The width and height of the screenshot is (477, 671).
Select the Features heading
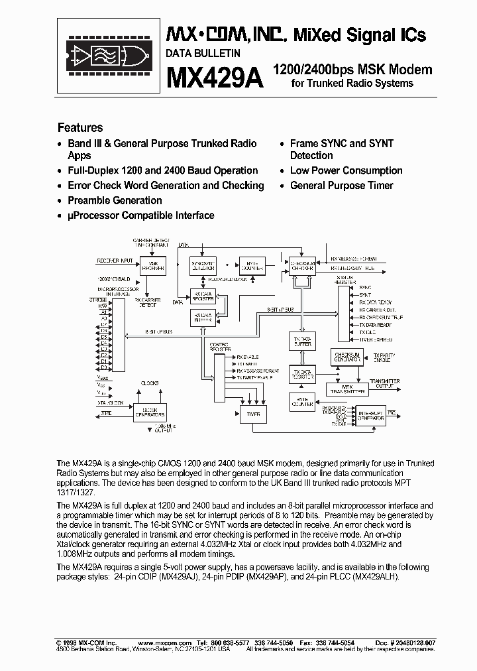click(x=80, y=127)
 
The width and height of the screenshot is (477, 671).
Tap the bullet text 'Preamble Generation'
click(x=115, y=200)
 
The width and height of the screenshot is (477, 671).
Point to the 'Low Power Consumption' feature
click(x=346, y=170)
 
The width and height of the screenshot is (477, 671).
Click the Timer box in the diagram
click(x=254, y=414)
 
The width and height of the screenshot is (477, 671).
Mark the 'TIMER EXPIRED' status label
click(x=376, y=337)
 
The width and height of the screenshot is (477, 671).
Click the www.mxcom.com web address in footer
click(x=164, y=643)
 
